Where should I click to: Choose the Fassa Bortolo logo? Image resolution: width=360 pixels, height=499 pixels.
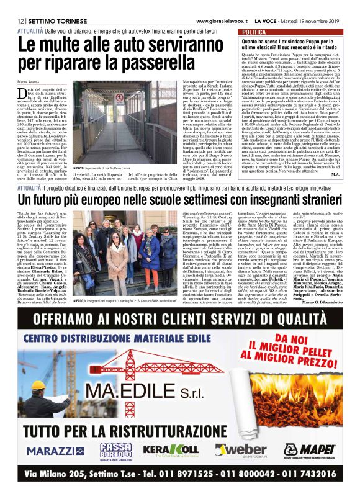pyautogui.click(x=117, y=449)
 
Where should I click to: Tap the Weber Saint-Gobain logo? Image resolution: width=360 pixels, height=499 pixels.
pyautogui.click(x=238, y=449)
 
